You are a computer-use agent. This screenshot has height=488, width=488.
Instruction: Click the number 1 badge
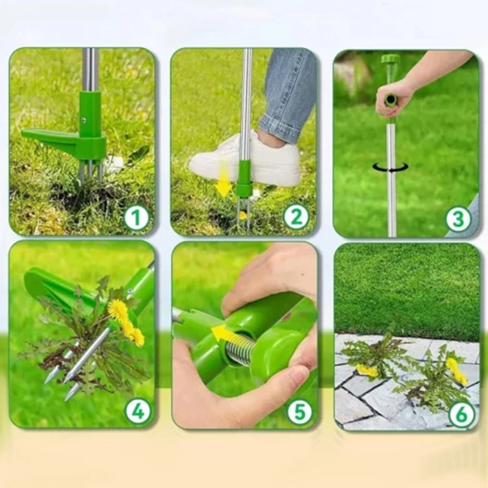coord(137,218)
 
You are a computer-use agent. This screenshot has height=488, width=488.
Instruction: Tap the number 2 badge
coord(296,217)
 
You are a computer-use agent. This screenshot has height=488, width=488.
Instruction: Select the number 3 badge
coord(458,219)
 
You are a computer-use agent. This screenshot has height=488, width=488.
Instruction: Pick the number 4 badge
coord(137,411)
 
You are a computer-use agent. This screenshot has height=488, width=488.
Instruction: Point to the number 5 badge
coord(300,411)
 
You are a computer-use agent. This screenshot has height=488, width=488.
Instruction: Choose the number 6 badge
coord(462,414)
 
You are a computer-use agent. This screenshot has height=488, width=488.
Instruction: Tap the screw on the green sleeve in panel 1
coord(84,119)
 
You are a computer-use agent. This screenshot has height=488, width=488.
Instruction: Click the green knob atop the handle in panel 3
coord(390,59)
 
